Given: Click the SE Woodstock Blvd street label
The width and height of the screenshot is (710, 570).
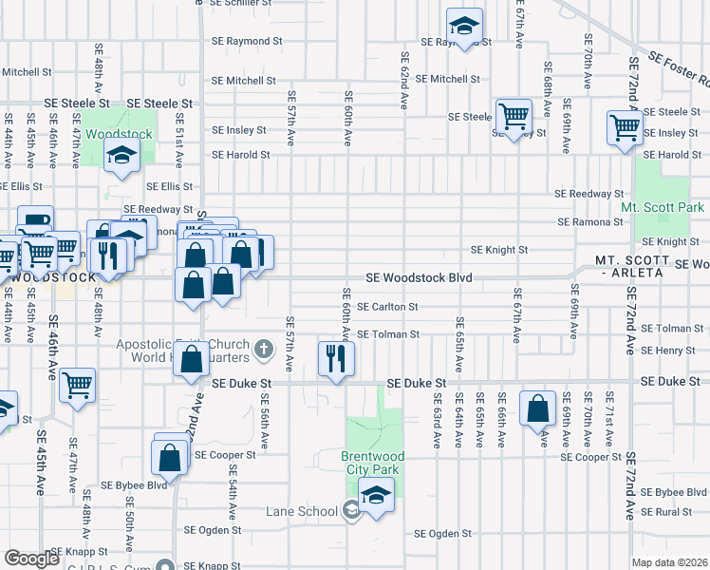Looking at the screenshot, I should [x=420, y=278].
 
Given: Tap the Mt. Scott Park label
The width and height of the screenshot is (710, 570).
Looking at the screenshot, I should [x=663, y=207].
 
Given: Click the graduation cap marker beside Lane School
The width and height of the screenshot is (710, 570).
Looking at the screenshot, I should [x=377, y=495].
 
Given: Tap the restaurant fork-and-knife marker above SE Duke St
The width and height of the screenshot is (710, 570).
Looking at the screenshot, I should [x=335, y=358].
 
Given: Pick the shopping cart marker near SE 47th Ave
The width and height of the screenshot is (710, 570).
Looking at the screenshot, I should [x=77, y=385].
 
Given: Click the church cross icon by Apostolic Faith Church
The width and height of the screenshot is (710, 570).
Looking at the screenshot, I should [x=267, y=351].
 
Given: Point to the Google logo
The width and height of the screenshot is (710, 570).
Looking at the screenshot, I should [x=31, y=559].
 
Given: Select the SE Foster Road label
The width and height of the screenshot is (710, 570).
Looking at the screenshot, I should [x=677, y=72].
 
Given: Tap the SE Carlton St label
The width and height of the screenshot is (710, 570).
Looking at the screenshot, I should [x=387, y=307].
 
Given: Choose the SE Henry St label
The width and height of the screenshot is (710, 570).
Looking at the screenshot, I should [x=667, y=351].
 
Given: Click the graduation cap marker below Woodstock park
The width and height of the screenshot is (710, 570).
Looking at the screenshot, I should [x=121, y=156].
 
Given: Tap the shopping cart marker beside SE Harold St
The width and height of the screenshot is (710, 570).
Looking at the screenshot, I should [x=625, y=125].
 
